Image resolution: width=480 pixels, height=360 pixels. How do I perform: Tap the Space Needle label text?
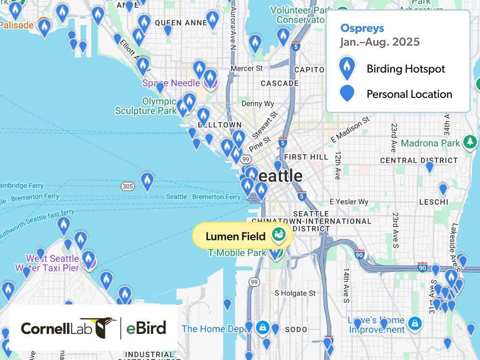(171, 83)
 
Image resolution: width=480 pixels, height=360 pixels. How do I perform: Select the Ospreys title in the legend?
(362, 28)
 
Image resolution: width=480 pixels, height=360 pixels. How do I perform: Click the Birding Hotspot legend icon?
(347, 69)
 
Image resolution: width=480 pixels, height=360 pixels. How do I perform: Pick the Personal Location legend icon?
(347, 94)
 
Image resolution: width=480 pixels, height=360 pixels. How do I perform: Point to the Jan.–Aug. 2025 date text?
(380, 42)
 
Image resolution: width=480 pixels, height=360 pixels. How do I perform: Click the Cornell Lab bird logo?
(99, 327)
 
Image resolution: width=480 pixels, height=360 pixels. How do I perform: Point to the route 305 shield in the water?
(127, 186)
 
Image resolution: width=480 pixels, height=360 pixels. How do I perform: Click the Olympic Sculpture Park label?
(145, 106)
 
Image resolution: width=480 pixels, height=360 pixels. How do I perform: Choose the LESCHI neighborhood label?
(433, 202)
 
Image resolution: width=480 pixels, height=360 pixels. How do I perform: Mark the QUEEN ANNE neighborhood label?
(175, 23)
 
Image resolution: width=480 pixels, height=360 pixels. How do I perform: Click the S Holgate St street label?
(295, 293)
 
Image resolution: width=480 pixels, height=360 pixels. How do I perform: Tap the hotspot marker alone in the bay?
(147, 181)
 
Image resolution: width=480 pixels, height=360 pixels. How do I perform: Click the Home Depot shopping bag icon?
(262, 327)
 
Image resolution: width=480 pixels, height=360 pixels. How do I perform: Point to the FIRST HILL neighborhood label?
(306, 157)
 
